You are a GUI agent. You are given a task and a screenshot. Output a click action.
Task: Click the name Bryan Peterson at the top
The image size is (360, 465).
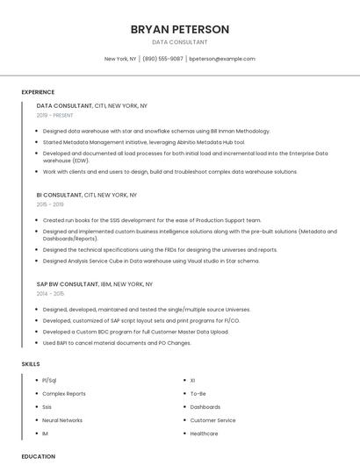coord(179,29)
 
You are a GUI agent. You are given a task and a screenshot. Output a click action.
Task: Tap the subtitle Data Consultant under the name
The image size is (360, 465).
coord(179,42)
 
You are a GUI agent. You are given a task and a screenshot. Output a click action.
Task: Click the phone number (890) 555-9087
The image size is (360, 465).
coord(162,59)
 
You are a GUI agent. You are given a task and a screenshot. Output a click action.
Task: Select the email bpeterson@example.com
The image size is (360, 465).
coord(222,59)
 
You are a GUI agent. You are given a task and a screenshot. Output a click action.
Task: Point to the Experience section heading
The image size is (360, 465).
coord(38,92)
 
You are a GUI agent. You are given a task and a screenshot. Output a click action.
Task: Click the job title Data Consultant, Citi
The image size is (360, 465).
coord(91,105)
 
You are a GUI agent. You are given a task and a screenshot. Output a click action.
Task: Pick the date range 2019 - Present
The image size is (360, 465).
coord(55,115)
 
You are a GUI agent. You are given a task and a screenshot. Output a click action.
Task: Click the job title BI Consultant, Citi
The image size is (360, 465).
coord(86,195)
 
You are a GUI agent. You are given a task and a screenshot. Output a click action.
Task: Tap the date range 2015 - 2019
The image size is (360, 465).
coord(50,204)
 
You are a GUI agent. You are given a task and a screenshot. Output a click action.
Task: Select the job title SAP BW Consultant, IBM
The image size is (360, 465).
coord(94,284)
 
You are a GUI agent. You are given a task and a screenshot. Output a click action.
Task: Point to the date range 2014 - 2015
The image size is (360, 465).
coord(50,294)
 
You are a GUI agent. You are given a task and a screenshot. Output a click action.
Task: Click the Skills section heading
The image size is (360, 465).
coord(31,363)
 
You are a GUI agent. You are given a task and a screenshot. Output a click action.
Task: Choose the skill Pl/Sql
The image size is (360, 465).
coord(49,381)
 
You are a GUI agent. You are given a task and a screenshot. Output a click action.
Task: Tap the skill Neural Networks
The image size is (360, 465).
coord(62,420)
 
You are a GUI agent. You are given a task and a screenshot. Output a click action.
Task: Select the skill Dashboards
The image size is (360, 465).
coord(205,407)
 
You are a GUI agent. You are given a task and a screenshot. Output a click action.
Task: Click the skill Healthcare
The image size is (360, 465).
coord(204,433)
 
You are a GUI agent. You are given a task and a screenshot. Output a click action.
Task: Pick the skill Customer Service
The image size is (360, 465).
coord(212,420)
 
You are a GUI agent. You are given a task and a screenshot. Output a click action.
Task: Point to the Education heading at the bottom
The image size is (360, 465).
coord(39,456)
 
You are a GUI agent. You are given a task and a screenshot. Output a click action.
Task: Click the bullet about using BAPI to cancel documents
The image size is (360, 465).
coord(117,343)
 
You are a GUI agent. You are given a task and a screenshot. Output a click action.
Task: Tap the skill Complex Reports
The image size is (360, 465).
coord(64,394)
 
